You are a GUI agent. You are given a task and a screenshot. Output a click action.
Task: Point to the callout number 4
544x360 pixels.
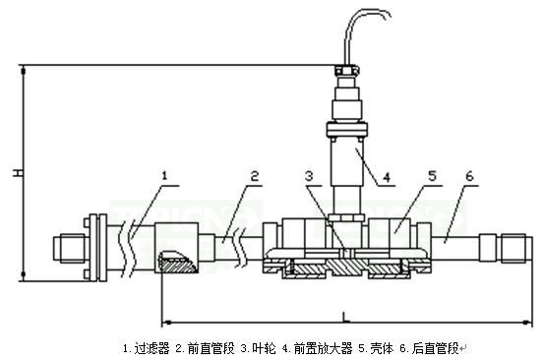click(388, 178)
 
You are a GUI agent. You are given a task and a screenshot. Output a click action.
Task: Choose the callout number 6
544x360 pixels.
click(469, 177)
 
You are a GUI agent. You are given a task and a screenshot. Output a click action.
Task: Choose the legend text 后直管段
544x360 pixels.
click(436, 348)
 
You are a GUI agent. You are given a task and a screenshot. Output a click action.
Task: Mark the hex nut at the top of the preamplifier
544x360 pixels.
click(345, 71)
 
